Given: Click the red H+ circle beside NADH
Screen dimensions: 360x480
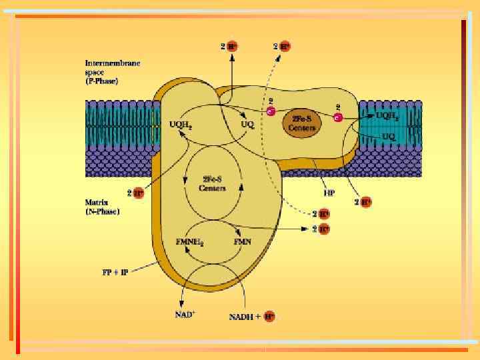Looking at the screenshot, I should tap(269, 317).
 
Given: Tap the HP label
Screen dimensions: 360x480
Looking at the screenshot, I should tap(329, 193).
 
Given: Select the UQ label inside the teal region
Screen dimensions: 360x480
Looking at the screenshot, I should tap(389, 136).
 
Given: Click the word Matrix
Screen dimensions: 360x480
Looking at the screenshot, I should tap(96, 199).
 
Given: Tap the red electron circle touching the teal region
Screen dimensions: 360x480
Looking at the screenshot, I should tap(339, 117).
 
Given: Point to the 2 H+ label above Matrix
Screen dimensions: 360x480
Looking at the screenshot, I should tap(135, 193).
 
